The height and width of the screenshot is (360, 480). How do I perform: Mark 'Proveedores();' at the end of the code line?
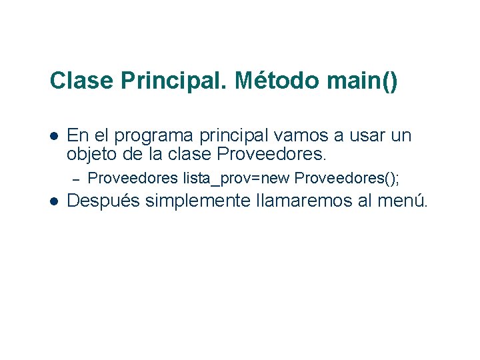point(347,178)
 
